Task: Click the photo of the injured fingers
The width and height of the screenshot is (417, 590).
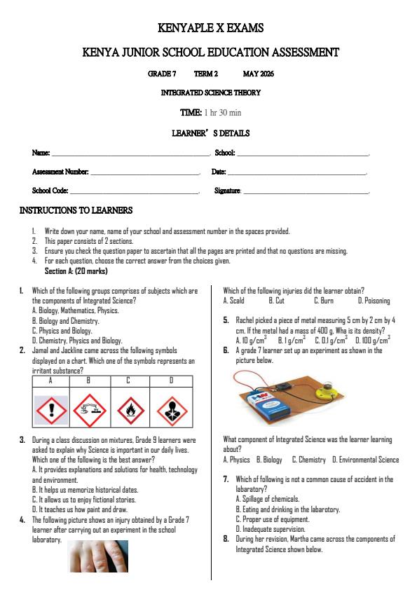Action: [x=98, y=556]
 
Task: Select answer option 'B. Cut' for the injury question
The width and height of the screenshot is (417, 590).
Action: [x=276, y=301]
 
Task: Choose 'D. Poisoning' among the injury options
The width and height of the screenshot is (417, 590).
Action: [x=374, y=301]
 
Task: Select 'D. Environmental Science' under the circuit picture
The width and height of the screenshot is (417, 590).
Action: [x=365, y=460]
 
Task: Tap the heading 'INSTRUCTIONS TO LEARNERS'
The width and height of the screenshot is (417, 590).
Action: [x=76, y=210]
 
